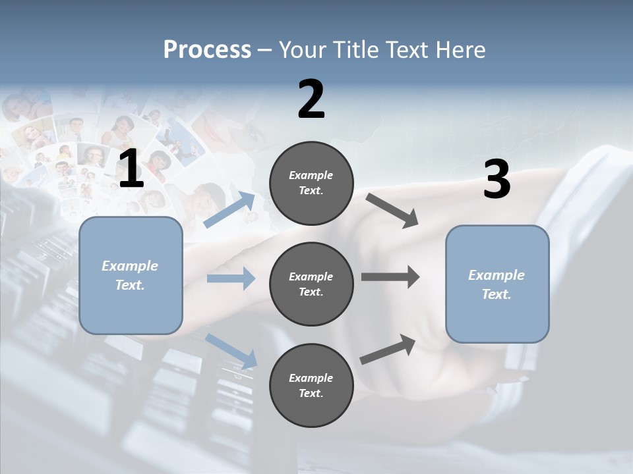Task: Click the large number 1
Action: [131, 169]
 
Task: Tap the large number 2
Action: [311, 100]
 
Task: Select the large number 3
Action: [497, 180]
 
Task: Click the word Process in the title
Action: [207, 49]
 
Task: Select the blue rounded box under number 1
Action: [131, 275]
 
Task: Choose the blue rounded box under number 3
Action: [497, 284]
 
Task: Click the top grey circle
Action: [311, 183]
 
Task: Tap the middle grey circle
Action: [311, 284]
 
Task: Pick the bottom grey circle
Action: [311, 386]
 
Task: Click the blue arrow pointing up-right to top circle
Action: [230, 210]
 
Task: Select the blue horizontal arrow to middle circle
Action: [231, 278]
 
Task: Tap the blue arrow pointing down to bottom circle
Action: [231, 351]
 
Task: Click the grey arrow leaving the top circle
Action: [392, 210]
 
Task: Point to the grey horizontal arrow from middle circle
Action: [390, 277]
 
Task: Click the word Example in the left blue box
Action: [130, 266]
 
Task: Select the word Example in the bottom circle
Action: [311, 378]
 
